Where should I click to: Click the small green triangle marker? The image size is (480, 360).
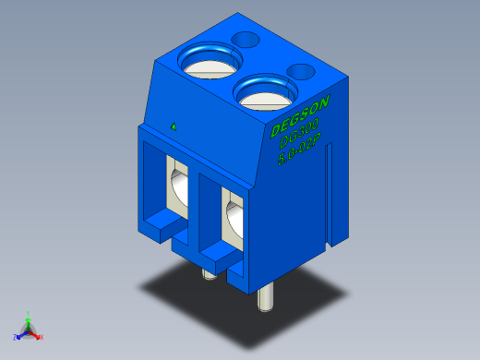173,125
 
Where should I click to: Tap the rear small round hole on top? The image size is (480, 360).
246,40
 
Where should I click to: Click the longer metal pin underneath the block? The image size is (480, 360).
265,297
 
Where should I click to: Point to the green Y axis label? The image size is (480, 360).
29,313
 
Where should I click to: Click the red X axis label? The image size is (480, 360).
42,337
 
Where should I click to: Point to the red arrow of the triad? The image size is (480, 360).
36,334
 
